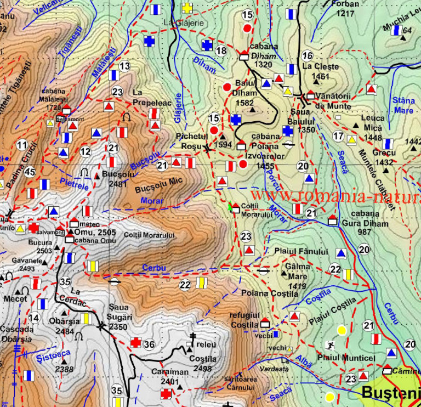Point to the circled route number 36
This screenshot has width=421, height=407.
149,344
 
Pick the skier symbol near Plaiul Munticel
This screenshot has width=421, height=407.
330,345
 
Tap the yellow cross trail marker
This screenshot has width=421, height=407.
187,8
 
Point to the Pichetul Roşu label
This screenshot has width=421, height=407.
194,140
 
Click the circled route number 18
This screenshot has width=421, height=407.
221,51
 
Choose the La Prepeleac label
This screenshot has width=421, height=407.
145,97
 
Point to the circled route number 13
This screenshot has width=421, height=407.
124,66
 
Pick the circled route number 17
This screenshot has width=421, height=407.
338,136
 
